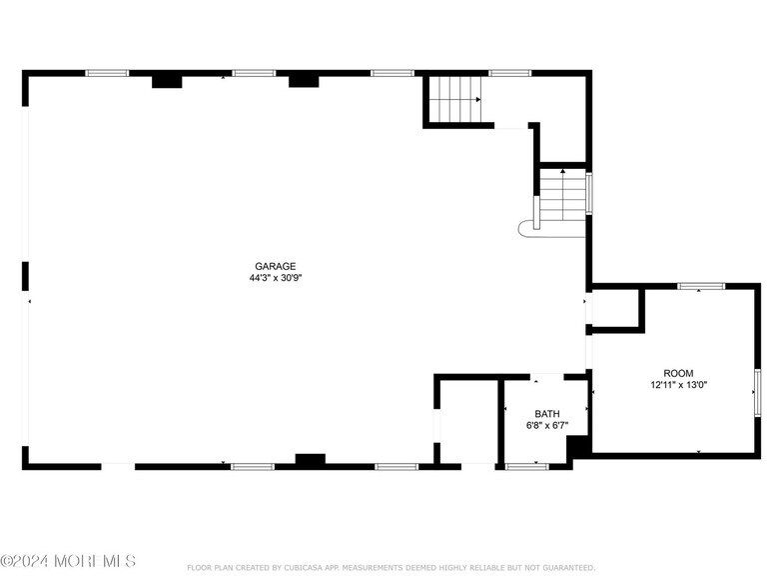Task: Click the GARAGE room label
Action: [276, 266]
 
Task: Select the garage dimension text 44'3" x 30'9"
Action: [276, 278]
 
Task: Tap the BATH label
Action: [547, 414]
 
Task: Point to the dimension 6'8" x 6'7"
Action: [547, 426]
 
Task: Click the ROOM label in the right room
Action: [678, 373]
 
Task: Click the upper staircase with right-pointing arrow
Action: [455, 99]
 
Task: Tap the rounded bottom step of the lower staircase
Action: [527, 229]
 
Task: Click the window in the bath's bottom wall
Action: [527, 466]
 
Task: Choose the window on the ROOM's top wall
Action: [701, 286]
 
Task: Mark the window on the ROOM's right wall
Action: [757, 392]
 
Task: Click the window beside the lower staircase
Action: [589, 192]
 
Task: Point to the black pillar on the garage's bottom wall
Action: [310, 460]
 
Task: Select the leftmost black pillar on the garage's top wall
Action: [167, 81]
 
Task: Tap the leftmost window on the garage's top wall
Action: [107, 73]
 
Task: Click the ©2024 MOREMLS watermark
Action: [68, 561]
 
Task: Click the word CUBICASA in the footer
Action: [304, 568]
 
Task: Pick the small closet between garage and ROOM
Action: [615, 308]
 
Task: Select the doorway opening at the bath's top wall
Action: [547, 376]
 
